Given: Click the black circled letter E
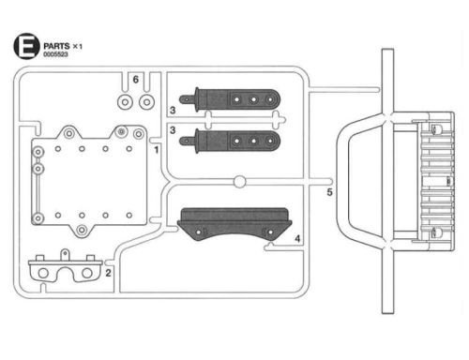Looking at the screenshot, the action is (26, 46).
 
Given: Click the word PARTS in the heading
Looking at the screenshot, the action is (56, 46).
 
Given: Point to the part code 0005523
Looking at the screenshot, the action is (55, 54).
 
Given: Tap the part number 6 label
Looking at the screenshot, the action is (135, 80).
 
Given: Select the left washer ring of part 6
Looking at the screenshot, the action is (125, 102).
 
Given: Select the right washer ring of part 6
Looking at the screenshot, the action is (146, 102).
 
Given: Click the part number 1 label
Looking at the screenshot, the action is (157, 150).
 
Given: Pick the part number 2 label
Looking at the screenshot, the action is (108, 273).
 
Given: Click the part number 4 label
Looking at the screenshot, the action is (297, 239).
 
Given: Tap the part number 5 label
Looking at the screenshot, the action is (329, 192).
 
